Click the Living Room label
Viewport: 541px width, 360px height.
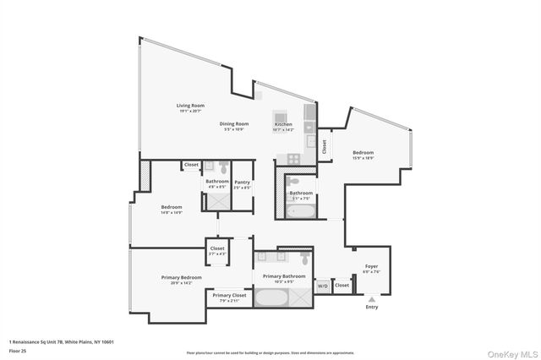[x=191, y=106]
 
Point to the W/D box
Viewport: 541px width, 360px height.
[x=323, y=286]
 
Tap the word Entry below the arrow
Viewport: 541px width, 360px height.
[x=372, y=307]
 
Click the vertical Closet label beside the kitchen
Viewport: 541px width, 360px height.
[x=324, y=145]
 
